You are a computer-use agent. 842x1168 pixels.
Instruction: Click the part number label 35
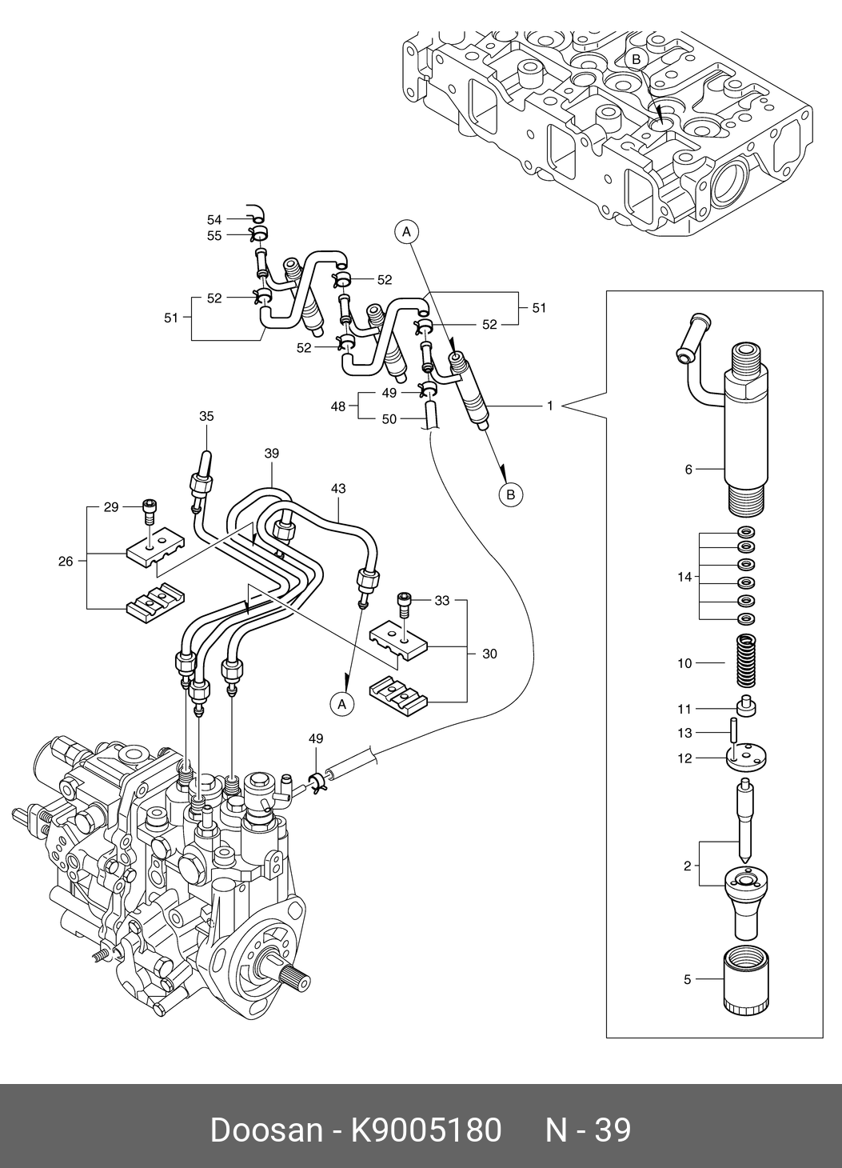pos(206,416)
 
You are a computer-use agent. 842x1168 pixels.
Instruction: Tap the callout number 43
pos(338,487)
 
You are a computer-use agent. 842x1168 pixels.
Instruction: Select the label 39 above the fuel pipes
pos(271,454)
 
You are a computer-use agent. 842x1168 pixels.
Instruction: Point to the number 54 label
pos(214,219)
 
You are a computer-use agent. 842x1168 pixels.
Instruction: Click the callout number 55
pos(214,235)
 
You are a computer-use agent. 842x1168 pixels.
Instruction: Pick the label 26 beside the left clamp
pos(66,561)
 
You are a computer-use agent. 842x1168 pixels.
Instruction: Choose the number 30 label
pos(489,654)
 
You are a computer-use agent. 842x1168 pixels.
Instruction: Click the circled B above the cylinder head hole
pos(636,58)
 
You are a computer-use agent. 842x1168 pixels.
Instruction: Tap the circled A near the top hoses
pos(406,232)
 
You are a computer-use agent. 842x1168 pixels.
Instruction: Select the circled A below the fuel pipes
pos(342,703)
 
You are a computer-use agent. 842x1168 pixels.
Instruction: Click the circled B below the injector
pos(510,495)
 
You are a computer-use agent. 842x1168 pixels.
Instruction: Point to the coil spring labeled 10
pos(745,661)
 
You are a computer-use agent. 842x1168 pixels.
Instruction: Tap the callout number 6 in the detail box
pos(688,470)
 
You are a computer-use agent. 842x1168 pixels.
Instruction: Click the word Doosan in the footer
pos(265,1130)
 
